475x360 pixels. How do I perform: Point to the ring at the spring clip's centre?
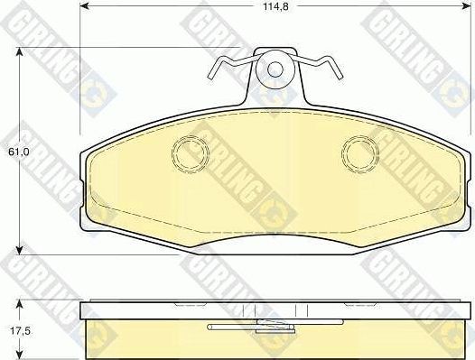275,69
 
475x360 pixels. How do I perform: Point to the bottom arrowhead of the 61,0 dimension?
21,249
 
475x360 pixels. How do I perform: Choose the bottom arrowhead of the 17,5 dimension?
21,355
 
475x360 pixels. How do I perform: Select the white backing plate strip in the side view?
276,311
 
